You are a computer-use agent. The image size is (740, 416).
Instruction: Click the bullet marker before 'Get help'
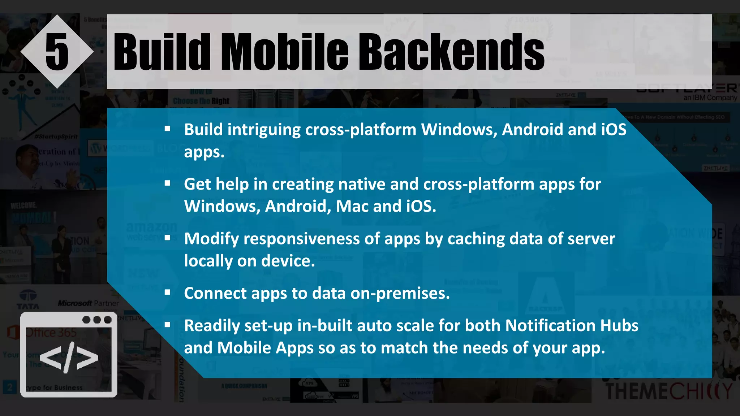point(167,183)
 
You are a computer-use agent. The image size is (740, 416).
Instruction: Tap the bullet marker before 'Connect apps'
point(167,292)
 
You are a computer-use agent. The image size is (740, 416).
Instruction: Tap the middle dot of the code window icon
point(97,320)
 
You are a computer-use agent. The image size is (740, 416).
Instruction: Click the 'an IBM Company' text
point(710,98)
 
